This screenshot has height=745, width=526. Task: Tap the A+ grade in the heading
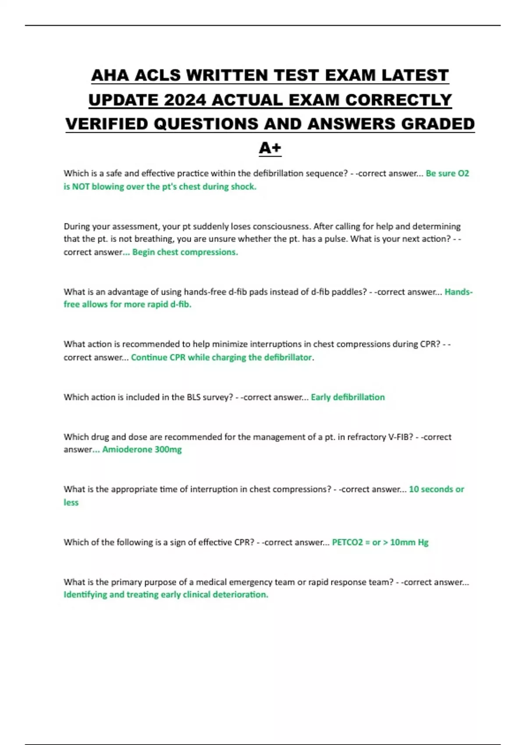(x=270, y=148)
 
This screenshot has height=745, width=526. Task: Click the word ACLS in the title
(x=157, y=75)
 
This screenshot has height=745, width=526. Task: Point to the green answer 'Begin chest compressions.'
(x=185, y=252)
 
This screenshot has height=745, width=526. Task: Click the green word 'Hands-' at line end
(x=458, y=292)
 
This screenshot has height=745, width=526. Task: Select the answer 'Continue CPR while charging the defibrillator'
(x=221, y=357)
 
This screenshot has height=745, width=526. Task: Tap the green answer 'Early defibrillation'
(x=348, y=397)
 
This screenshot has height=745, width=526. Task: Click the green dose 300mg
(x=168, y=449)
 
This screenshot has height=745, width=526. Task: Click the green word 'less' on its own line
(x=71, y=502)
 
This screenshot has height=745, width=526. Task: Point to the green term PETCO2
(x=348, y=542)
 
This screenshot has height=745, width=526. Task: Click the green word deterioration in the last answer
(x=240, y=594)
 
